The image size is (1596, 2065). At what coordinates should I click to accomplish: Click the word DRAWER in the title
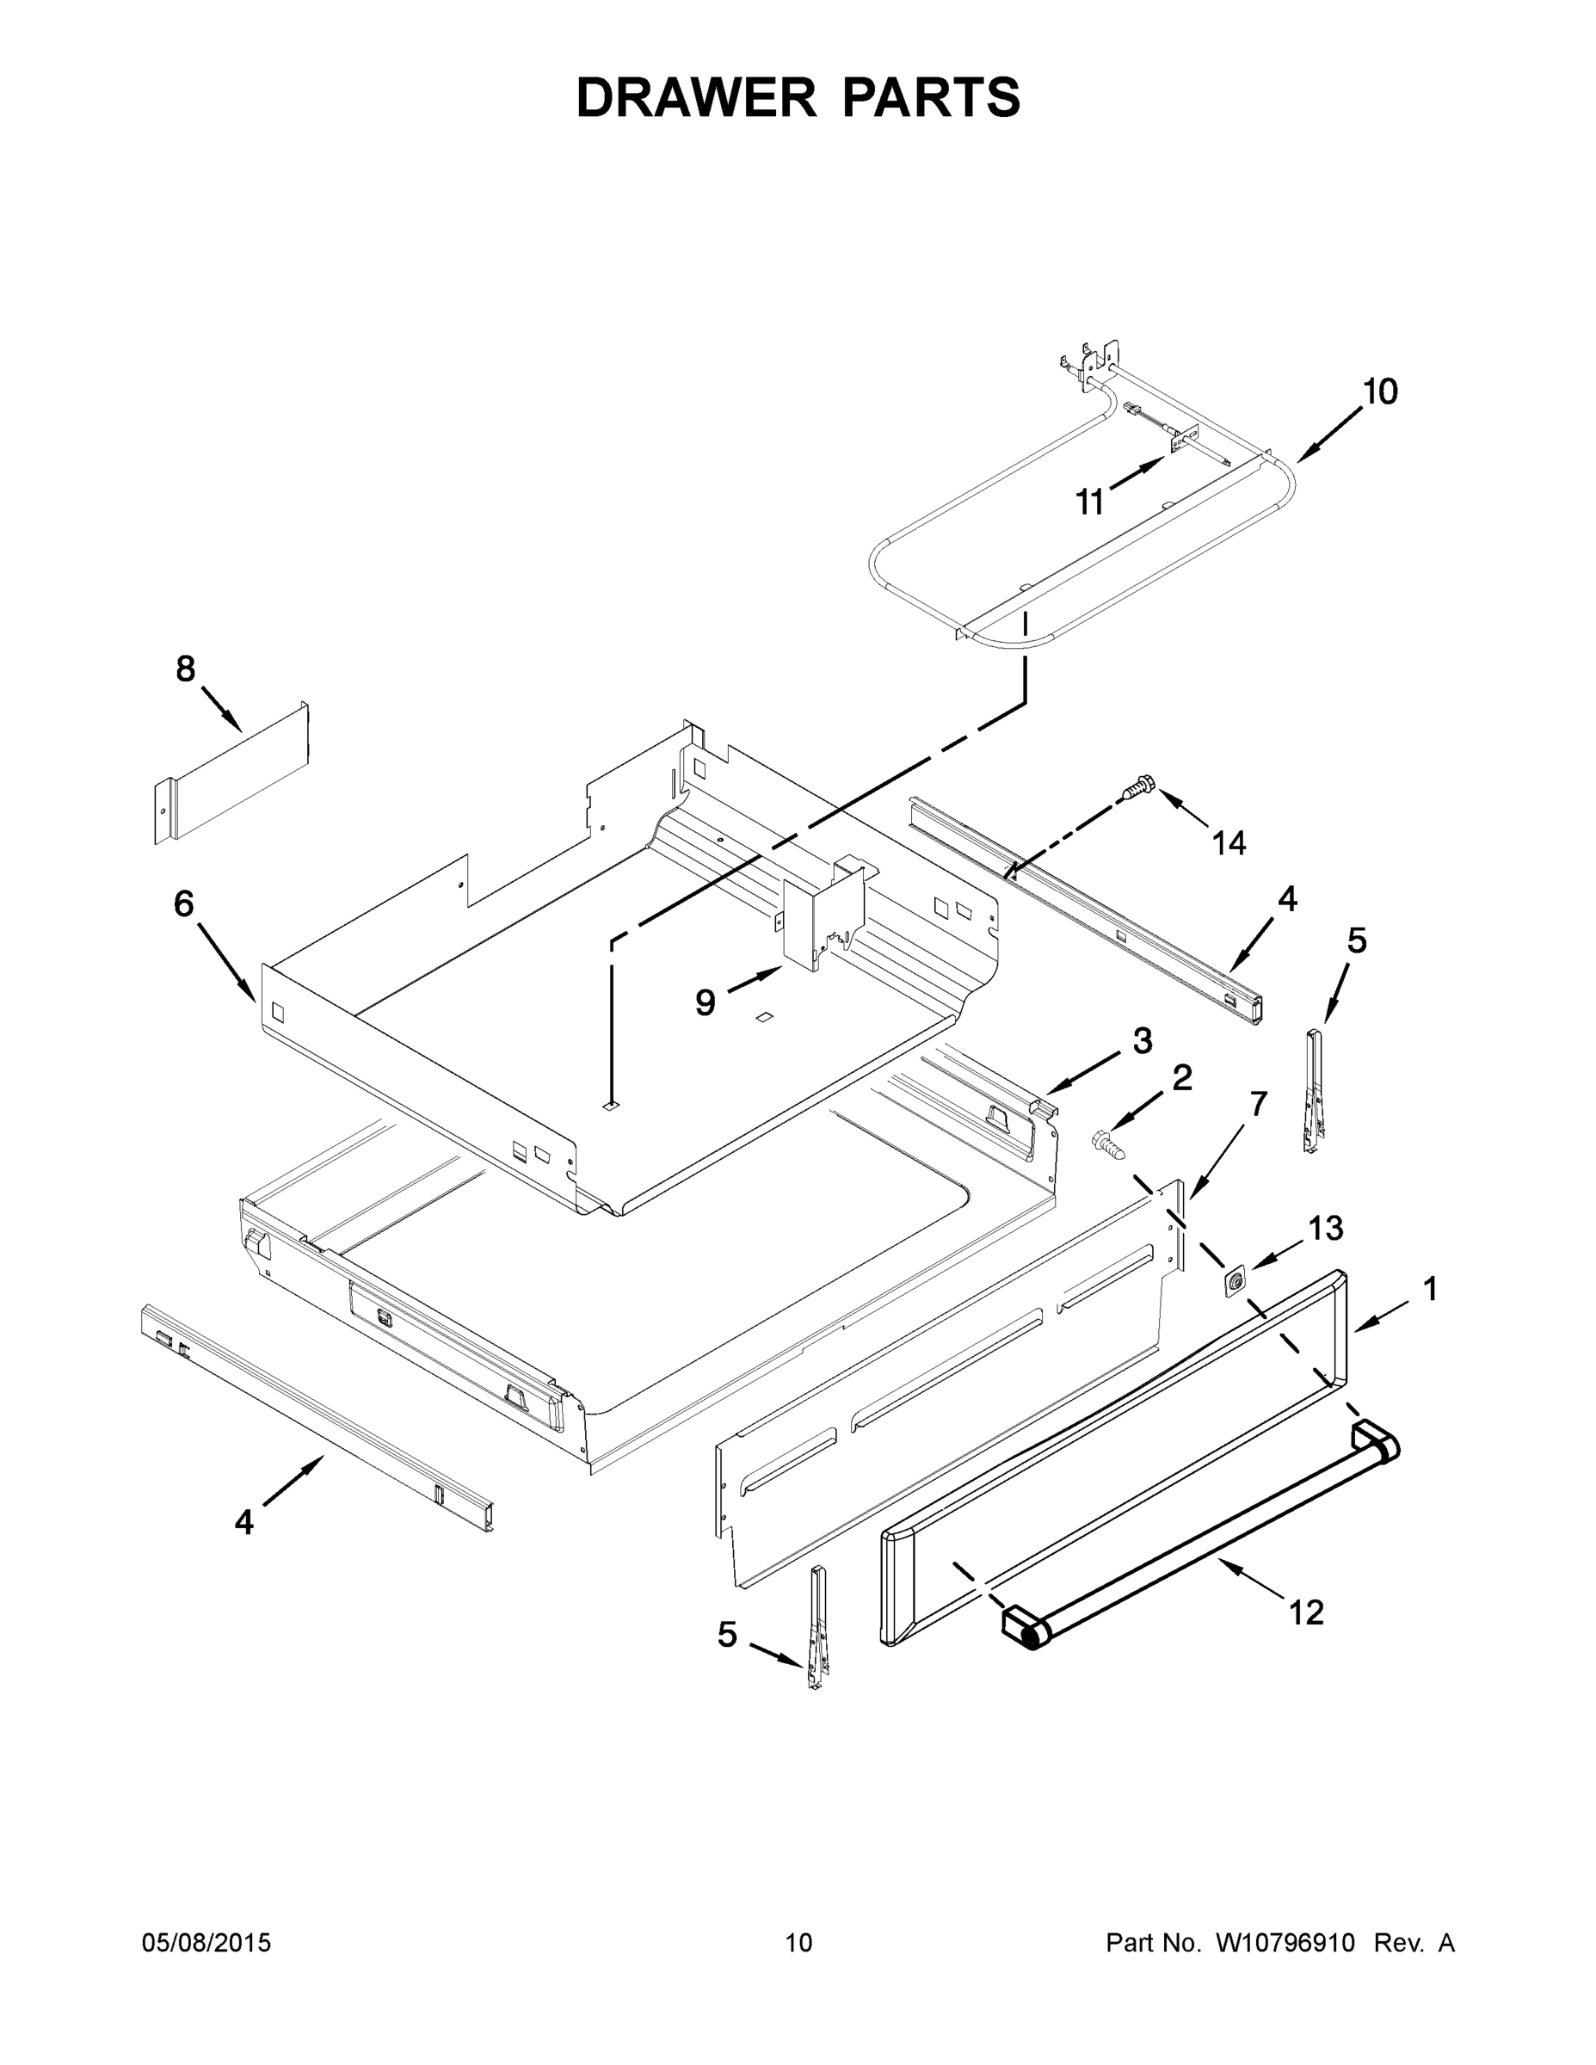pyautogui.click(x=696, y=98)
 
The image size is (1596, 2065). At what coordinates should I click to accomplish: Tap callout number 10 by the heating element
pyautogui.click(x=1379, y=391)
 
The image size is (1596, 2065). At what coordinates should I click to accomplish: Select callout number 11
pyautogui.click(x=1090, y=503)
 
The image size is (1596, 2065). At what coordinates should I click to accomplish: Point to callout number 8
pyautogui.click(x=185, y=669)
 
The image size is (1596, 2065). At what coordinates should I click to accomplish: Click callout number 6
pyautogui.click(x=183, y=904)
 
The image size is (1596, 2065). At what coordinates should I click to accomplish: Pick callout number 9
pyautogui.click(x=705, y=1002)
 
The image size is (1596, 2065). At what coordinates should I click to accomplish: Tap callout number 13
pyautogui.click(x=1326, y=1228)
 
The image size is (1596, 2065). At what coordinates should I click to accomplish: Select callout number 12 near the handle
pyautogui.click(x=1307, y=1612)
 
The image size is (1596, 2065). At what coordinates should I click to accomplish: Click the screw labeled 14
pyautogui.click(x=1139, y=786)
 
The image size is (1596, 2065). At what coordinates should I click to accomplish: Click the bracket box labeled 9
pyautogui.click(x=821, y=912)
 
